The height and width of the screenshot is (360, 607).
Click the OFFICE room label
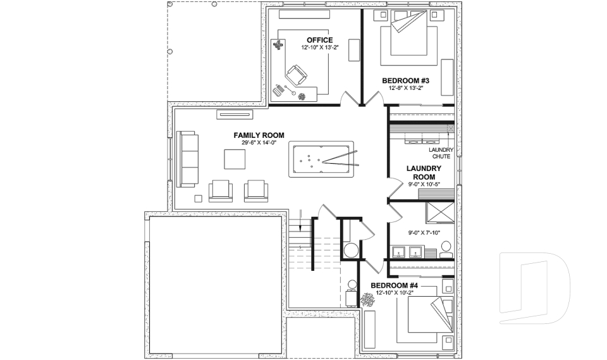319,40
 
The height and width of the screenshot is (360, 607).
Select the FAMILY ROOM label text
259,135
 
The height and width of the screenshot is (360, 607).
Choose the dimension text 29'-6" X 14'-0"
259,143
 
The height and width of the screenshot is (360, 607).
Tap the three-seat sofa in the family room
187,159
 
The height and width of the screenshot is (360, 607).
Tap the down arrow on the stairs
300,223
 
